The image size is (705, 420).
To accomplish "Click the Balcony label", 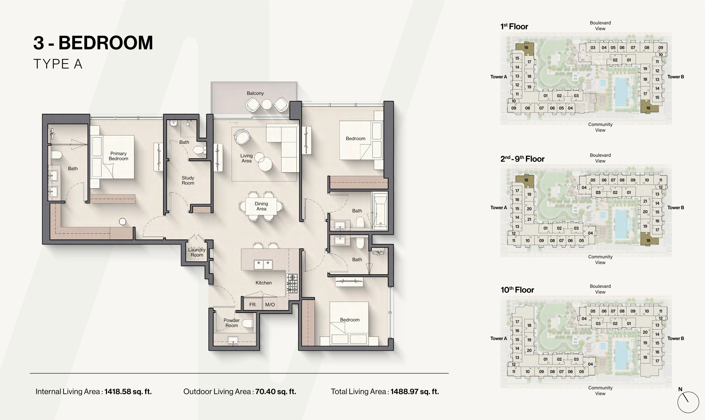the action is tap(255, 93).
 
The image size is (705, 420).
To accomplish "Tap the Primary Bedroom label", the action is tap(118, 156).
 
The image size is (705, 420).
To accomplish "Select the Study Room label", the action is tap(188, 180).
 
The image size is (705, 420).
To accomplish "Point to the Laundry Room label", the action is tap(197, 252).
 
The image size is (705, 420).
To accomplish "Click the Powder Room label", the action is tap(232, 323).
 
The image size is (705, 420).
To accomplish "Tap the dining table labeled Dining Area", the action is tap(261, 206).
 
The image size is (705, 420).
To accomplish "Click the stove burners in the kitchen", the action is tap(292, 284).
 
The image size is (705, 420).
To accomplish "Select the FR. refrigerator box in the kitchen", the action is tap(253, 304).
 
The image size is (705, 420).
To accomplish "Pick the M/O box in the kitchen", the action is tap(270, 304).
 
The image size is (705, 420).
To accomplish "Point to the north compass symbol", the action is tap(688, 402).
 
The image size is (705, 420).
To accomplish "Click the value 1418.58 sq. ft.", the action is tap(128, 392).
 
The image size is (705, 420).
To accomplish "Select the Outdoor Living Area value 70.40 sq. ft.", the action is tap(276, 392).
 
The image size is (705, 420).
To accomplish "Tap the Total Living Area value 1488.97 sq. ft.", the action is tap(415, 392).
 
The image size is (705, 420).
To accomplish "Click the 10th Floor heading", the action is tap(517, 290).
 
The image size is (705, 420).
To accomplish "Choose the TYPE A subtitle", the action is tap(58, 64).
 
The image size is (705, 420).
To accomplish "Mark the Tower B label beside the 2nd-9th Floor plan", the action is tap(676, 207).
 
